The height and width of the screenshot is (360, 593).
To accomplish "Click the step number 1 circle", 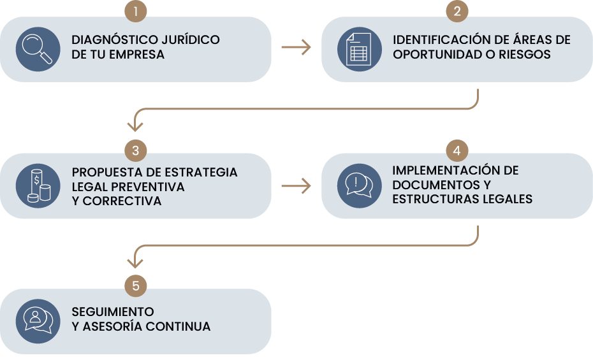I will pyautogui.click(x=136, y=11).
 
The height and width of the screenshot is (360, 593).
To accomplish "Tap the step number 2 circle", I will pyautogui.click(x=457, y=11).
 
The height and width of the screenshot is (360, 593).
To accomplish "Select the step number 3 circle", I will pyautogui.click(x=136, y=151).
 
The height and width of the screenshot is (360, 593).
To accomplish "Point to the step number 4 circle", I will pyautogui.click(x=457, y=151).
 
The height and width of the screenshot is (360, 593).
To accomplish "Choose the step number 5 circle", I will pyautogui.click(x=136, y=286).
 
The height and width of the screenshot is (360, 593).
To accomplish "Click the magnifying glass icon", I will pyautogui.click(x=38, y=49).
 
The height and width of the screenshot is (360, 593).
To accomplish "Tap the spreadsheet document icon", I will pyautogui.click(x=358, y=49).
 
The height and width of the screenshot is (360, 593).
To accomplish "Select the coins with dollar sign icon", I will pyautogui.click(x=38, y=185).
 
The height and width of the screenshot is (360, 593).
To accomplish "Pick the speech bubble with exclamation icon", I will pyautogui.click(x=358, y=185).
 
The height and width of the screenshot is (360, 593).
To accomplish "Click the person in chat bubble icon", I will pyautogui.click(x=38, y=320).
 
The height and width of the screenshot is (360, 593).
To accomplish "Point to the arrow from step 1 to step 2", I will pyautogui.click(x=296, y=47).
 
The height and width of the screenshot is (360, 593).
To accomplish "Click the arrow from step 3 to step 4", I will pyautogui.click(x=296, y=185).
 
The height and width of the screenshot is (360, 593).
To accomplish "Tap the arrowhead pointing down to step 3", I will pyautogui.click(x=135, y=126).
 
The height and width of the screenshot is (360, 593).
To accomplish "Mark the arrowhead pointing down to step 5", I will pyautogui.click(x=135, y=261).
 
